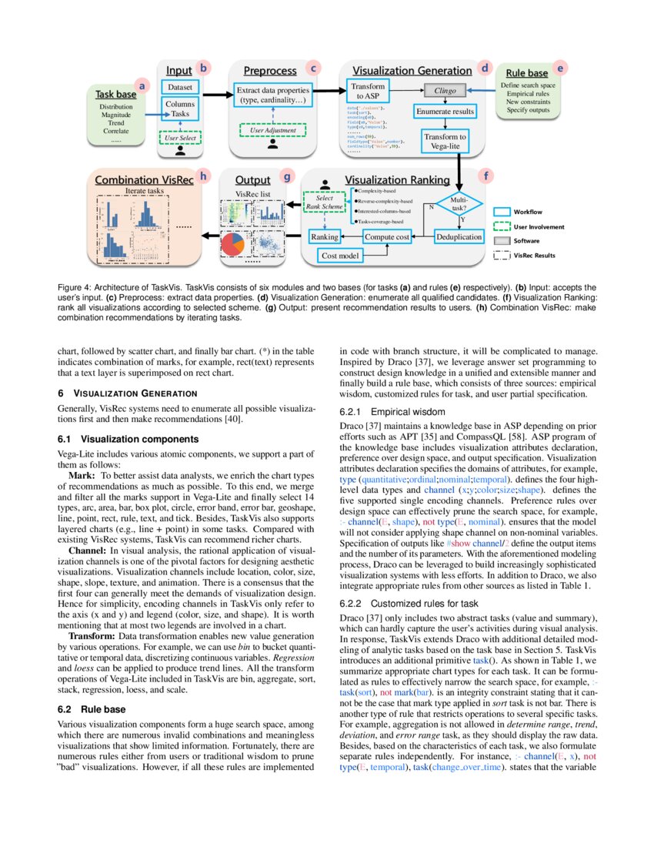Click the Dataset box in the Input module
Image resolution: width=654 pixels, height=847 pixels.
click(x=180, y=87)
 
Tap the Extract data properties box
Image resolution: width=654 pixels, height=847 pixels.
click(x=274, y=95)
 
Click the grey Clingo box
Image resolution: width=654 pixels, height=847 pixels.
click(x=445, y=90)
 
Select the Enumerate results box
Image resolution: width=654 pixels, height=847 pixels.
click(x=445, y=112)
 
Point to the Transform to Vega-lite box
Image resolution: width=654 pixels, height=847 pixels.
click(x=445, y=142)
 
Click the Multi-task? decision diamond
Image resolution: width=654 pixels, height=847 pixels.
click(x=459, y=205)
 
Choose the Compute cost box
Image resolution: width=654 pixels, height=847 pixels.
click(x=386, y=236)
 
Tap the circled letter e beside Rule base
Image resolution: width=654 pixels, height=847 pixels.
click(x=559, y=68)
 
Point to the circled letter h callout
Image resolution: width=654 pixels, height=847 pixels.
click(x=203, y=176)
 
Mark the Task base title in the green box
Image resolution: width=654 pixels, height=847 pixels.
click(x=115, y=94)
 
